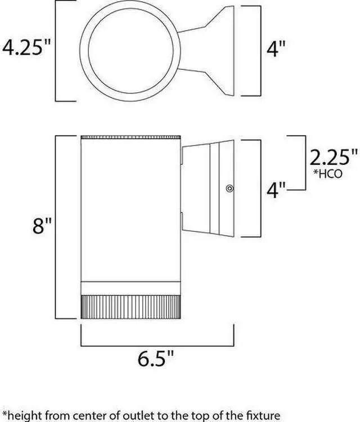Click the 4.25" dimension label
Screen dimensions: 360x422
26,48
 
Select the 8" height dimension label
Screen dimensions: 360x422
42,226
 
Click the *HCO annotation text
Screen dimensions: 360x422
328,174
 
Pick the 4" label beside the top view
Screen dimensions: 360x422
276,49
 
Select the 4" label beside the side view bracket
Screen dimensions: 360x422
276,190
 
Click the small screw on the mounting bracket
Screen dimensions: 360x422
229,188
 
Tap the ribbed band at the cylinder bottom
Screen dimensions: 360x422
130,307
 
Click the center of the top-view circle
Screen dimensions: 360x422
130,51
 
